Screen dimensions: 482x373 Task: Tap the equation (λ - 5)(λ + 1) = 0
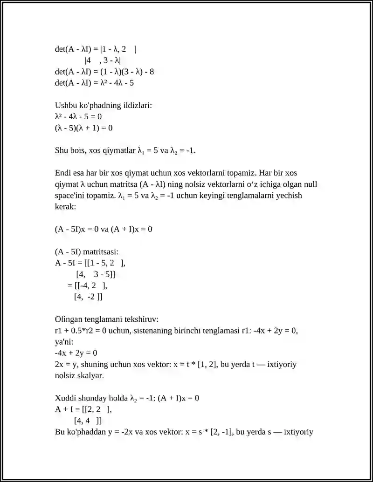pyautogui.click(x=84, y=128)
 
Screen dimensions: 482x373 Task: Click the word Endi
pyautogui.click(x=63, y=173)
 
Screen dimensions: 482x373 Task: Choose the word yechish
pyautogui.click(x=289, y=195)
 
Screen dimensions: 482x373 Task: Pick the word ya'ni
pyautogui.click(x=63, y=341)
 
